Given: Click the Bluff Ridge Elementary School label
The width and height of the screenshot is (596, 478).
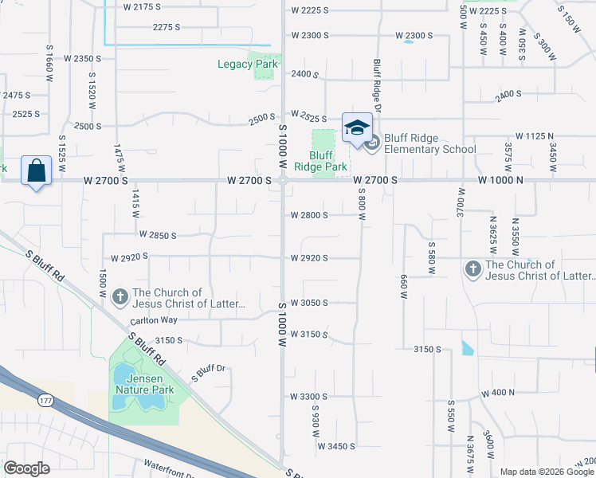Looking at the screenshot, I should tap(429, 143).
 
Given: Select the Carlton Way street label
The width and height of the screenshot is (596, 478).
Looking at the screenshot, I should tap(153, 321).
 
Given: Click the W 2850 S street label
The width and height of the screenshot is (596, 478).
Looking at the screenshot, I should tap(157, 235).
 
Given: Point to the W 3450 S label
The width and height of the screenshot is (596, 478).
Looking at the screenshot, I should tap(335, 447).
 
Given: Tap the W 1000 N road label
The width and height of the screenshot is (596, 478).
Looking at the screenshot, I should tap(500, 181).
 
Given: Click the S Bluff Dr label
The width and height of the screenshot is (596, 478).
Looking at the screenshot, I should tap(210, 370).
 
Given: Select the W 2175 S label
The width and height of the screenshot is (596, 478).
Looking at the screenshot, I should tap(143, 6).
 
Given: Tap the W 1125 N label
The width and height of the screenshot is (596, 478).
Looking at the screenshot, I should tap(535, 137).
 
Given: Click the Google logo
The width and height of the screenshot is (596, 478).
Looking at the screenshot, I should tap(26, 468).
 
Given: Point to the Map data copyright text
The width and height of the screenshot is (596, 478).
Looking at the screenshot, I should tap(547, 472).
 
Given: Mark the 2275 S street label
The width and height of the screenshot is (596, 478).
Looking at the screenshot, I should tap(167, 27).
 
